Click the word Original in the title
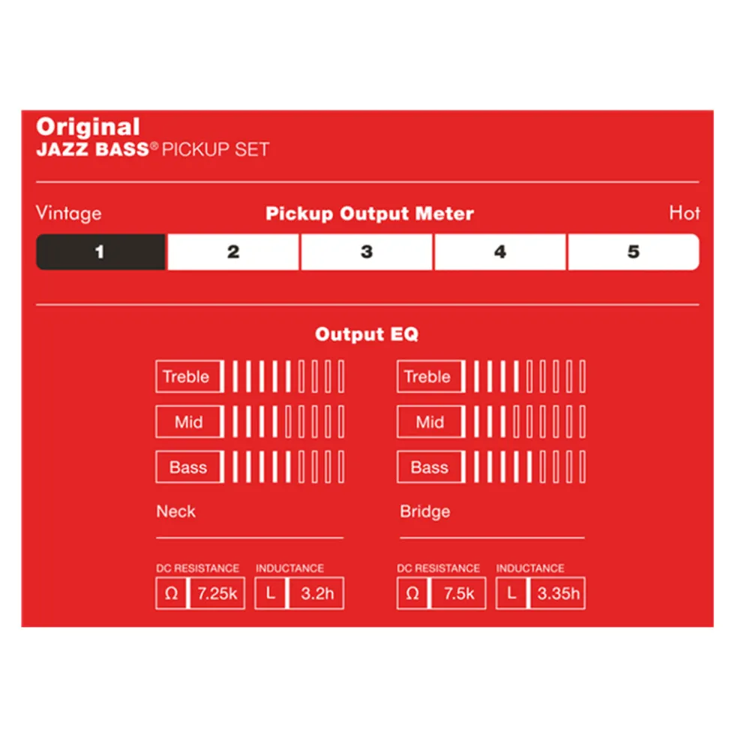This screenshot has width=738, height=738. (88, 127)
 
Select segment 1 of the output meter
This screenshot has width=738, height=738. (100, 252)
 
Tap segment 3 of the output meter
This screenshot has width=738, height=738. (367, 252)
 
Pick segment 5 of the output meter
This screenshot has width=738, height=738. (634, 252)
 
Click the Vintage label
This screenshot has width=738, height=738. (69, 214)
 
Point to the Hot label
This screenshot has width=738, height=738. (684, 213)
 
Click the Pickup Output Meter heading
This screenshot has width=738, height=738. (370, 214)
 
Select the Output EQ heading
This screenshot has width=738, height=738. (367, 334)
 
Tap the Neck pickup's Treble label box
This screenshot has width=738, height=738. (189, 376)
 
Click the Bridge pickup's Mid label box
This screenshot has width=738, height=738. (430, 421)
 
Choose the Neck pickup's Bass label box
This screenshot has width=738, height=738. (189, 467)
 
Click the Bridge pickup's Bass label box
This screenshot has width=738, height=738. (430, 467)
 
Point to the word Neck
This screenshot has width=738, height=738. (175, 511)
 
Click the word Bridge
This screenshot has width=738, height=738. (425, 511)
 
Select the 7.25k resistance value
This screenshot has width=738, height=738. (217, 593)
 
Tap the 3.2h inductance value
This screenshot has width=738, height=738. (317, 593)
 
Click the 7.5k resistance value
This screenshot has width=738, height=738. (459, 593)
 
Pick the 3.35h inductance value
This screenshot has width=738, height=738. (558, 593)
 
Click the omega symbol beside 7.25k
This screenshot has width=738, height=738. (171, 593)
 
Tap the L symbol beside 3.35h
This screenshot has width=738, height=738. (511, 593)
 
